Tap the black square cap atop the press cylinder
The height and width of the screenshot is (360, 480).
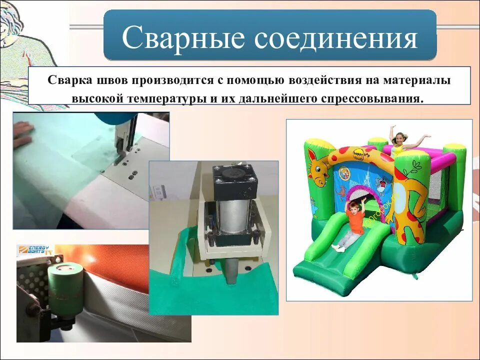coord(233,178)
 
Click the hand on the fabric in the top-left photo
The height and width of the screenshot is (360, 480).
coord(23,133)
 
